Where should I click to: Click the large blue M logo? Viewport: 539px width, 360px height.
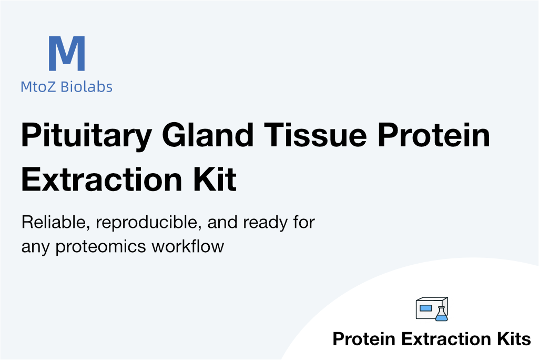click(x=67, y=53)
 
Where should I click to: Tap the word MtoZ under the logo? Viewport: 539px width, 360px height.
click(x=38, y=87)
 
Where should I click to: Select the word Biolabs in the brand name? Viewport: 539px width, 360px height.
click(x=86, y=86)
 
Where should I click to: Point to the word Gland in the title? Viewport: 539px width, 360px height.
click(x=208, y=134)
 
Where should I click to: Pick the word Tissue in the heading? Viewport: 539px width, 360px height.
click(x=315, y=134)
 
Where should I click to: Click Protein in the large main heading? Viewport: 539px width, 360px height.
click(x=433, y=134)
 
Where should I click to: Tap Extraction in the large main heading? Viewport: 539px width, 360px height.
click(x=101, y=179)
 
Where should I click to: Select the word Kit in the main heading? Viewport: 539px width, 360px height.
click(x=215, y=179)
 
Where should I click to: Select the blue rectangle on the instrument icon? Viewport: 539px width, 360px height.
click(x=425, y=308)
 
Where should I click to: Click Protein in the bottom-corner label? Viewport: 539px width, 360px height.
click(x=364, y=338)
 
